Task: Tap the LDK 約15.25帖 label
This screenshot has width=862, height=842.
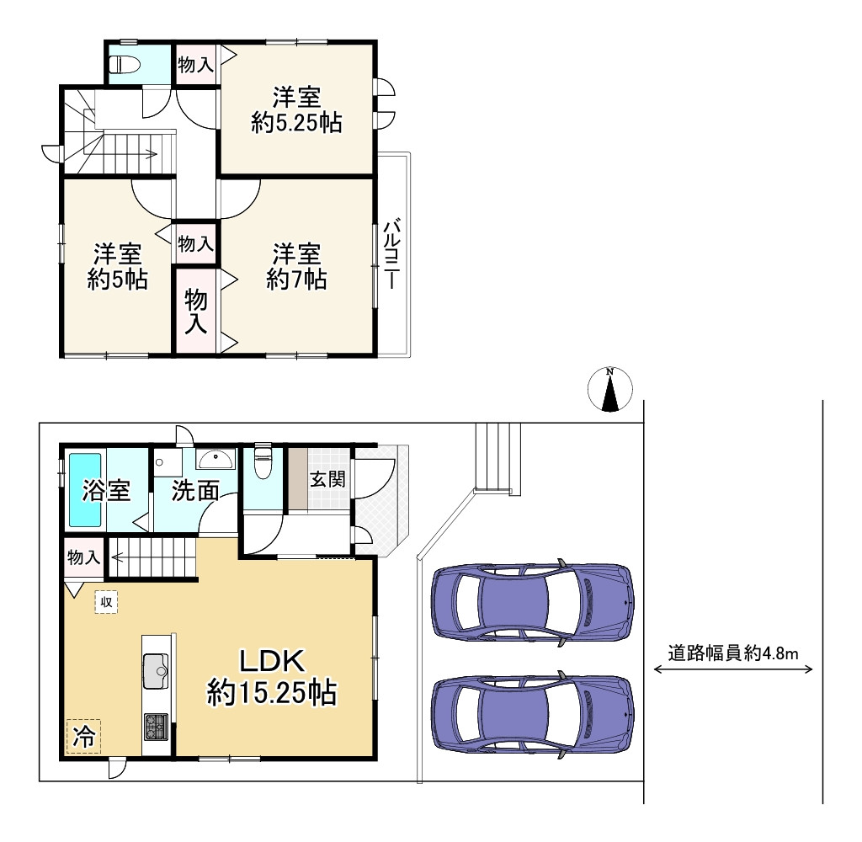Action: (x=272, y=677)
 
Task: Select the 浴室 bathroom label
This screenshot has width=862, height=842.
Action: (x=107, y=491)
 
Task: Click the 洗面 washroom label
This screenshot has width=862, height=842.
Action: (x=196, y=491)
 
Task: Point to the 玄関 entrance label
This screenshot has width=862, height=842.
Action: (x=327, y=480)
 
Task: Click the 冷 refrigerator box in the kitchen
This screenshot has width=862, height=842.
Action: (x=83, y=736)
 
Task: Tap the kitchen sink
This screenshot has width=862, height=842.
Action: (x=156, y=670)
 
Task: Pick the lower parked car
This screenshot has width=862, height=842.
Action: (x=531, y=715)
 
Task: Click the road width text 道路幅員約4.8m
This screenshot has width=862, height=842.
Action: (x=732, y=652)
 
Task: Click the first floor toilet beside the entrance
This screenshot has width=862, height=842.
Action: (x=263, y=463)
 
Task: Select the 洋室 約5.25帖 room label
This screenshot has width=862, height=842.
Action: (x=296, y=109)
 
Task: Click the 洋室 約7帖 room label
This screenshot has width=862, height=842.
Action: (x=296, y=265)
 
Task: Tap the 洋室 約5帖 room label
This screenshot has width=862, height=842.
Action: (x=117, y=265)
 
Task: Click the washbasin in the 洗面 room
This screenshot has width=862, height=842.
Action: (x=217, y=460)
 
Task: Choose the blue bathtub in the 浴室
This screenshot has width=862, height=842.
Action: (x=85, y=490)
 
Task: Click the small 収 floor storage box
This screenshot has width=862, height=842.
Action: (x=106, y=602)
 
